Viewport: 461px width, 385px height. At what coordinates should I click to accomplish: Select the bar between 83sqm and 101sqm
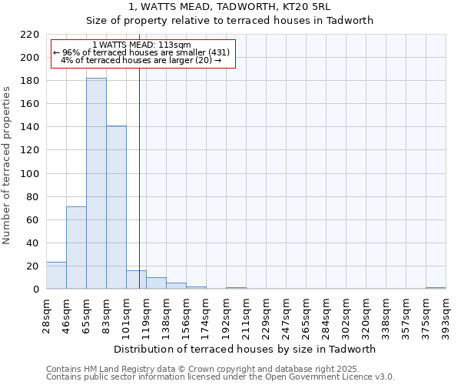(x=116, y=207)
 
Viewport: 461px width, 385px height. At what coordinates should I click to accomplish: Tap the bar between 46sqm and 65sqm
(x=76, y=247)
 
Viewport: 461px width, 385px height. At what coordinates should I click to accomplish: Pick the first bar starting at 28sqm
(x=56, y=276)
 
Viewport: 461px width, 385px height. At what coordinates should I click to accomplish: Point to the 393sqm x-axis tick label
(x=446, y=313)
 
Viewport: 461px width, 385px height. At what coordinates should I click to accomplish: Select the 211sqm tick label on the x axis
(x=246, y=313)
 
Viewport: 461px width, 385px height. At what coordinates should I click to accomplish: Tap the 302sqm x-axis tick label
(x=346, y=313)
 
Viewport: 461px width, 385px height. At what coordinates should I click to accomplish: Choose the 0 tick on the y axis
(x=35, y=290)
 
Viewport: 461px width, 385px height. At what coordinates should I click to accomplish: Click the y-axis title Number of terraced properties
(x=7, y=166)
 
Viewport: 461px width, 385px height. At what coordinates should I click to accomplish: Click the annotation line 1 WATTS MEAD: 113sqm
(x=141, y=45)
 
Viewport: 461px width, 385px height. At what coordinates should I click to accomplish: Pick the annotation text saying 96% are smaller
(x=141, y=52)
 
